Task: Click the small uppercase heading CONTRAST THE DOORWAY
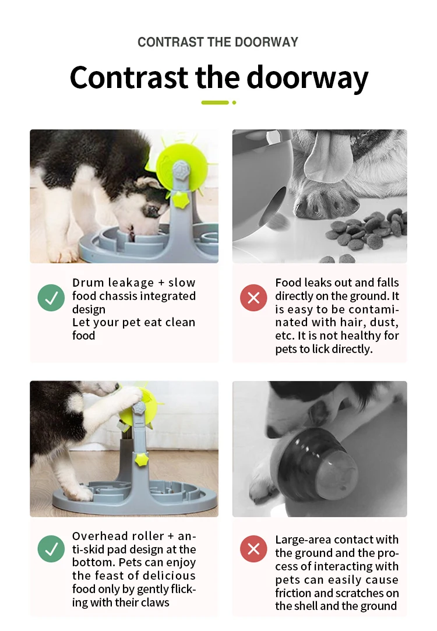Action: [218, 42]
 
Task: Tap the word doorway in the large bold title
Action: [307, 77]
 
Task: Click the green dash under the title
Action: [215, 103]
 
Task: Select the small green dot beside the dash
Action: [234, 103]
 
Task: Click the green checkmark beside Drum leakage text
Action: [51, 298]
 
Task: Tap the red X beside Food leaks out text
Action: [253, 298]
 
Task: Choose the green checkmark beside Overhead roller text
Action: [51, 549]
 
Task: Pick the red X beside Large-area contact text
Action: [253, 549]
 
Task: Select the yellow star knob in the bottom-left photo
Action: [142, 459]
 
